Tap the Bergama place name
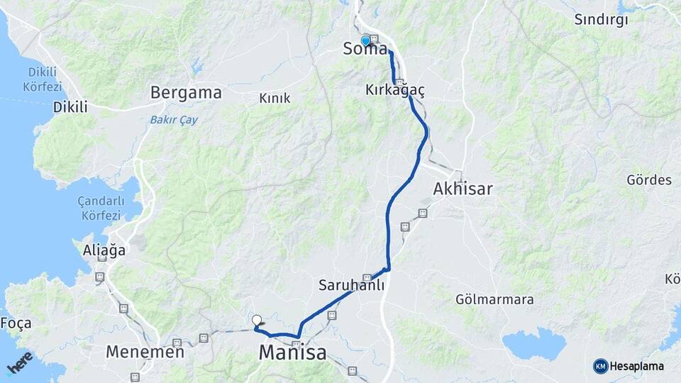[187, 93]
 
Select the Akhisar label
[463, 189]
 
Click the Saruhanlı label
[351, 286]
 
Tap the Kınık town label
[275, 99]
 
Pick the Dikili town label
[70, 108]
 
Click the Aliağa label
[104, 250]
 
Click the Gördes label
[648, 180]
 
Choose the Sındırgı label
[602, 20]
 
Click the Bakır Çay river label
[174, 119]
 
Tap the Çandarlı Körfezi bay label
[100, 208]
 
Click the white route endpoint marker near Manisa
[257, 321]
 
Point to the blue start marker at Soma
[366, 40]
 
